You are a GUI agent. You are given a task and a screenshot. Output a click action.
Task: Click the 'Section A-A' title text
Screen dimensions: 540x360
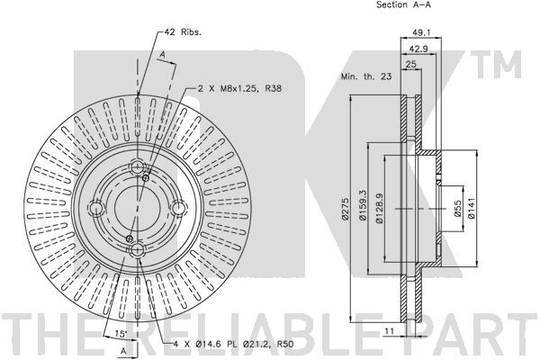pos(403,4)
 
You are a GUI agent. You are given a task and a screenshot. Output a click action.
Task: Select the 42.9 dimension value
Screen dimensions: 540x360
pos(418,49)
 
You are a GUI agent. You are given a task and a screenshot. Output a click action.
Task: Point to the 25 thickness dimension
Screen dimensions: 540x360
pos(411,65)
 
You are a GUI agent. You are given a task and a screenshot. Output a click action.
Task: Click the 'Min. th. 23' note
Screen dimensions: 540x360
pos(366,76)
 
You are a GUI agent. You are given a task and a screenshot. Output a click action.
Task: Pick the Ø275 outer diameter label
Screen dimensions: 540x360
pos(345,209)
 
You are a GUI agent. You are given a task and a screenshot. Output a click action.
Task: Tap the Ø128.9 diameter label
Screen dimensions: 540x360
pos(380,208)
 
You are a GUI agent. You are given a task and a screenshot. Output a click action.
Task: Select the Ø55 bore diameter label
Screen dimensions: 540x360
pos(457,209)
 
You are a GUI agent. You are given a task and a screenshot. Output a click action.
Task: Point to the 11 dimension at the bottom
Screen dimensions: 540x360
pos(389,331)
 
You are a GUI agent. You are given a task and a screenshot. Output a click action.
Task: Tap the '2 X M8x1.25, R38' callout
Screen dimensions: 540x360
pos(239,88)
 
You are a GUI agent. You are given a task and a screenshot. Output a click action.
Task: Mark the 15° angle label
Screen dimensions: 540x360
pos(121,333)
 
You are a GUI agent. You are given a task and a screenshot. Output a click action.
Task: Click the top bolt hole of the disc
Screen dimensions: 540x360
pos(138,167)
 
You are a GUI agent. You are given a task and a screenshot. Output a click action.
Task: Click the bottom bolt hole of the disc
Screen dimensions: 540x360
pos(138,250)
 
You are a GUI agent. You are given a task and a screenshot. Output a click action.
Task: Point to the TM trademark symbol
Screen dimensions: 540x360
pos(496,65)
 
